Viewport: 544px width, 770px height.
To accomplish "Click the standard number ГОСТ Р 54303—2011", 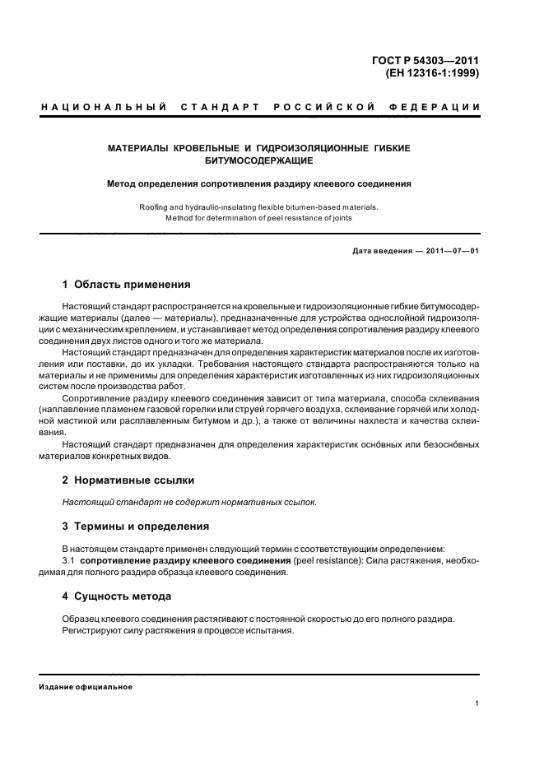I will coord(427,59).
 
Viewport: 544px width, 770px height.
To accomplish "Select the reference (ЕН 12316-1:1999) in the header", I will coord(432,72).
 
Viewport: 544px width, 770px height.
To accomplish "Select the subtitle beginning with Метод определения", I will coord(259,183).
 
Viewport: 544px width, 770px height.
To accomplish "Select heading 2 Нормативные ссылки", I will coord(128,480).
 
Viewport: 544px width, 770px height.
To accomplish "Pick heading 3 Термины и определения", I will coord(136,526).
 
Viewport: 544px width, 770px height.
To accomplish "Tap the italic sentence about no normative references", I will coord(189,502).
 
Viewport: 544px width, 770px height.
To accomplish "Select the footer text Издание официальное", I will coord(86,687).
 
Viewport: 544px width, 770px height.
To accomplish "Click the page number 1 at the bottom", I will coord(477,703).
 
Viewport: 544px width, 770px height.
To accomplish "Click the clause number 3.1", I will coord(69,560).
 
